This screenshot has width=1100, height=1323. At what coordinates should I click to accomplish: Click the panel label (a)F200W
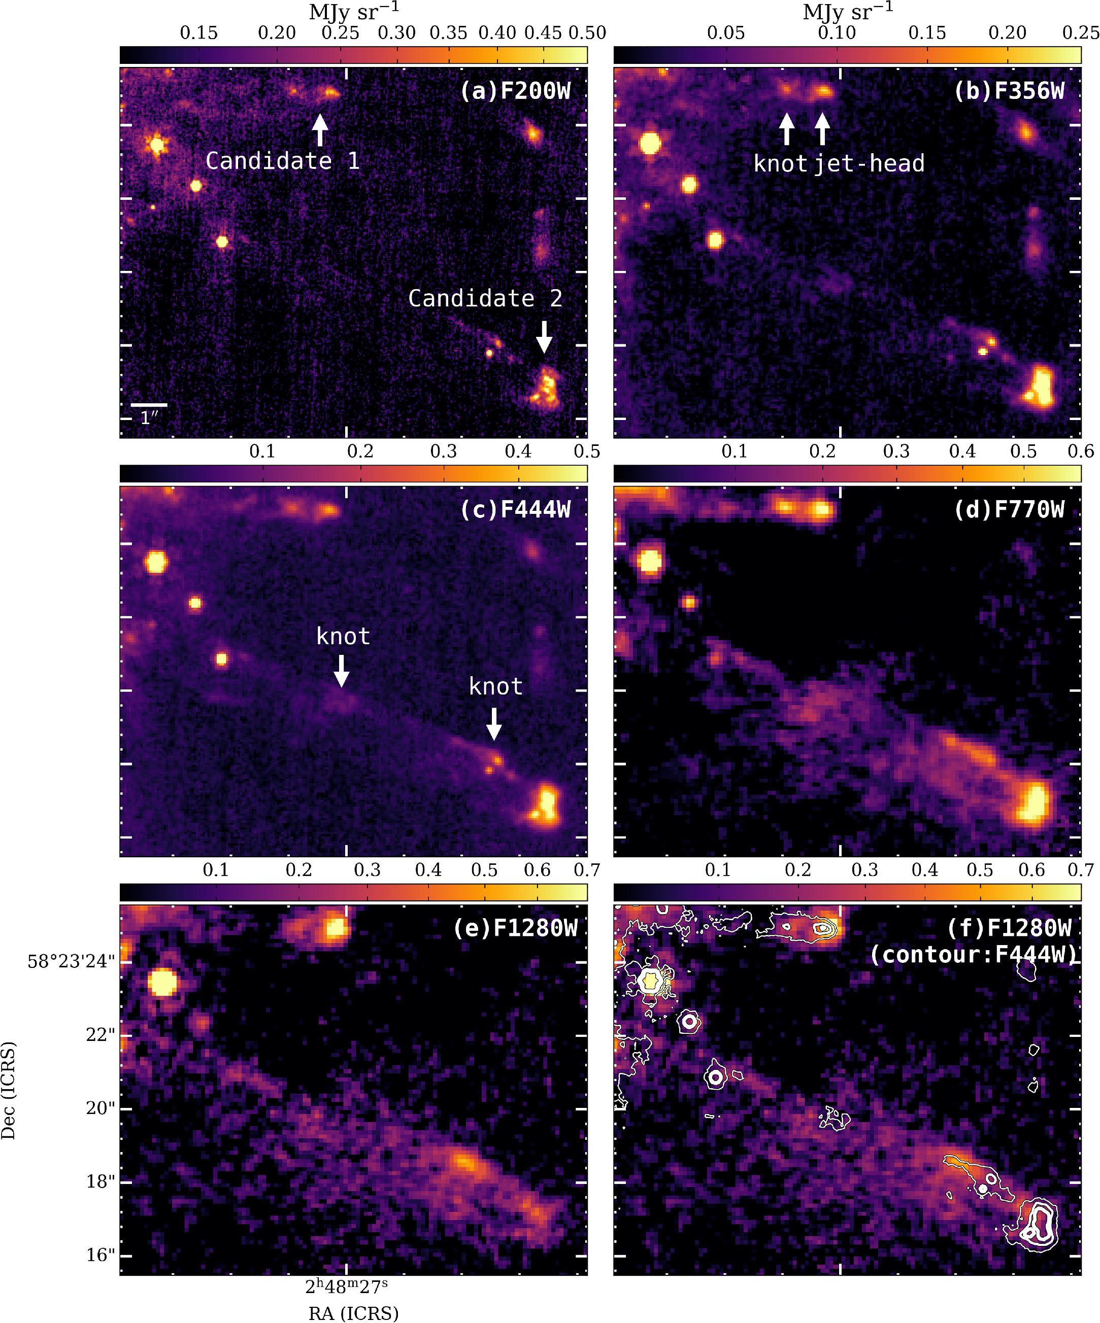pyautogui.click(x=515, y=91)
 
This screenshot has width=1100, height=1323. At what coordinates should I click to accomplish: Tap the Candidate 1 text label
pyautogui.click(x=282, y=161)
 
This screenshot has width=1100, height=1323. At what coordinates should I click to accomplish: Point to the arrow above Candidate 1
pyautogui.click(x=320, y=130)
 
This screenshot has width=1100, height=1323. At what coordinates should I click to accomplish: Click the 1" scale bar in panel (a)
pyautogui.click(x=149, y=405)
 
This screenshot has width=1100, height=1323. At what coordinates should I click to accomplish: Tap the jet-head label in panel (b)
pyautogui.click(x=869, y=164)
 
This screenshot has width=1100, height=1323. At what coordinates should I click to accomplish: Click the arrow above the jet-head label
pyautogui.click(x=822, y=128)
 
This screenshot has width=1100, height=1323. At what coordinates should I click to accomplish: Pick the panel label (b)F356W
pyautogui.click(x=1009, y=91)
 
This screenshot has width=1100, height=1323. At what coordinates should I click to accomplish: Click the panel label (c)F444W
pyautogui.click(x=515, y=510)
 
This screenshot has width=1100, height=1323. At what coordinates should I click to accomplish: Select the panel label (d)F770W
pyautogui.click(x=1009, y=510)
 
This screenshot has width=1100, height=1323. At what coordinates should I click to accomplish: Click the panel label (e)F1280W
pyautogui.click(x=515, y=928)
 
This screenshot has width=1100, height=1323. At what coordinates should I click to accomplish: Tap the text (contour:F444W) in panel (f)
pyautogui.click(x=974, y=954)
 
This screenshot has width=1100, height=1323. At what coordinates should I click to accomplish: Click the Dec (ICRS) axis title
pyautogui.click(x=8, y=1090)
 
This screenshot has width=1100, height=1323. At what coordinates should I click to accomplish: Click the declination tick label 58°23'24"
pyautogui.click(x=71, y=961)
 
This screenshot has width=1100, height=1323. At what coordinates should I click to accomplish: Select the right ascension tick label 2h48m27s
pyautogui.click(x=346, y=1286)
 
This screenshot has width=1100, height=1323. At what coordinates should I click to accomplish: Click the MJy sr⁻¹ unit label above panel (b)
pyautogui.click(x=847, y=11)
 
